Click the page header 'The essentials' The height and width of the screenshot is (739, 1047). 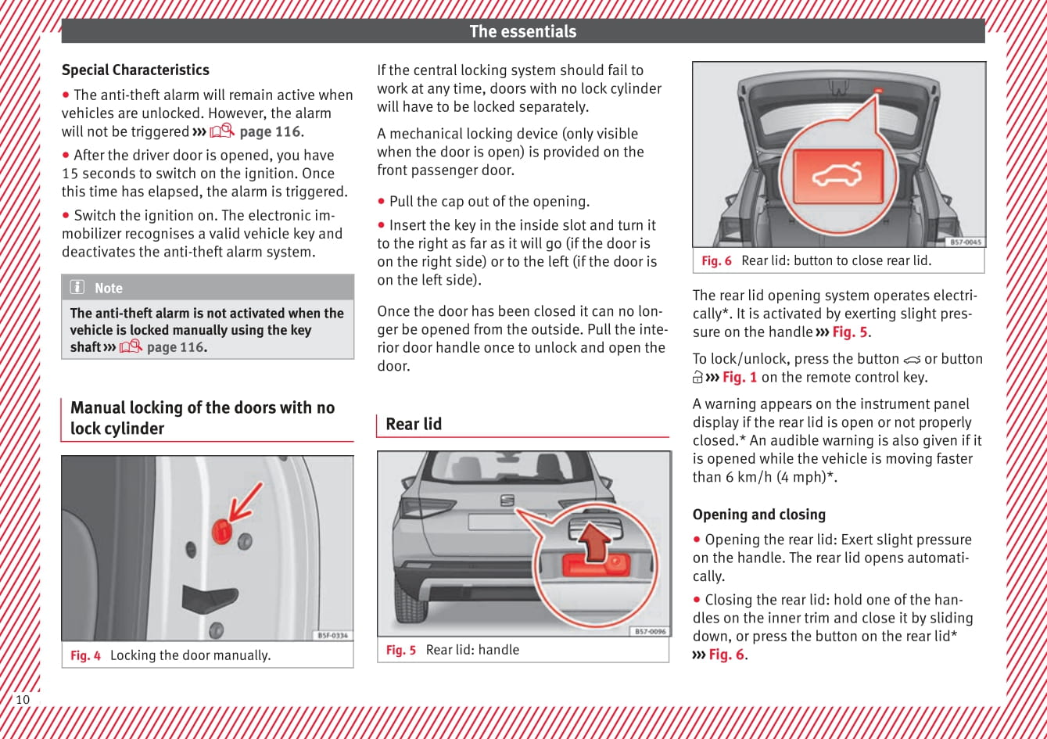pos(522,31)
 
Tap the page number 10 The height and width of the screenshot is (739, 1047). pos(23,699)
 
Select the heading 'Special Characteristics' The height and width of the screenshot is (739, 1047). pos(135,70)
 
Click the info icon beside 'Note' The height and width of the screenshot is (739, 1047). pos(77,287)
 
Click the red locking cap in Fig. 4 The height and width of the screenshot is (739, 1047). pos(222,532)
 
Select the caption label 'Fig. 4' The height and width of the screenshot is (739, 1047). pos(85,655)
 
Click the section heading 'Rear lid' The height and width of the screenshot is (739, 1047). pos(414,424)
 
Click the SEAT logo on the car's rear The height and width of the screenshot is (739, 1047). pos(507,500)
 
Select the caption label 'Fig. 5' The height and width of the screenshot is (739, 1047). pos(400,650)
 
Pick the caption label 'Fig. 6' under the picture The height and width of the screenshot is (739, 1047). pos(716,260)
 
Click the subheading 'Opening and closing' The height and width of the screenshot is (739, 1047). pos(758,515)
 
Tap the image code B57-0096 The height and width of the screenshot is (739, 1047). pos(649,631)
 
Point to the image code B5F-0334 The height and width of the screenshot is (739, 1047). pos(332,636)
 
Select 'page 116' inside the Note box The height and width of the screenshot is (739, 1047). pos(174,347)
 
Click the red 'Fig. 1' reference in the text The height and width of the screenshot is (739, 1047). pos(739,377)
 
